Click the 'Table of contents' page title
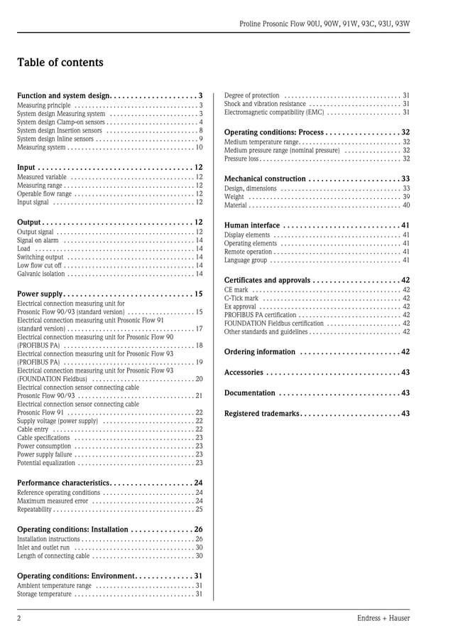[60, 63]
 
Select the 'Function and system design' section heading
[63, 95]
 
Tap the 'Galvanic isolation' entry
[40, 274]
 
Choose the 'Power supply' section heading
[40, 294]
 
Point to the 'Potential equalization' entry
[45, 463]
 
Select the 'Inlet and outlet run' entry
[43, 547]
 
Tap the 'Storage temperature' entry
[44, 594]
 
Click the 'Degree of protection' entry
[251, 95]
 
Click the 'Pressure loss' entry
[241, 159]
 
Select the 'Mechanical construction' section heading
[265, 178]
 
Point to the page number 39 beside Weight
[406, 197]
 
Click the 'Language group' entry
[246, 260]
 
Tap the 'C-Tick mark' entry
[241, 299]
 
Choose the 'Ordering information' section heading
[259, 352]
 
